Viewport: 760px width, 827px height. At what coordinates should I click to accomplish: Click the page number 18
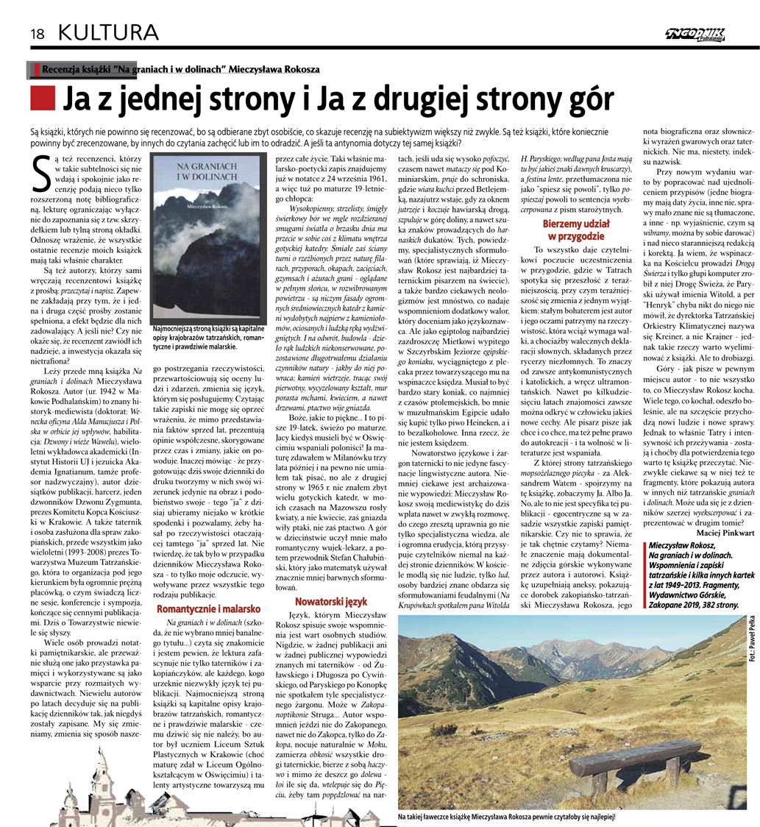point(38,32)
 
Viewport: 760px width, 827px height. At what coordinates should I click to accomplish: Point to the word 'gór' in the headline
point(589,97)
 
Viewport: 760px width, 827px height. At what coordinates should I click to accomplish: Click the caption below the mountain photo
point(505,817)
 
